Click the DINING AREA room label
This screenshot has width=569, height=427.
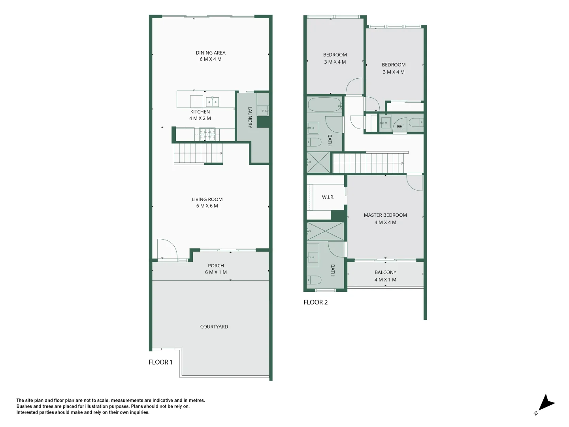pos(211,56)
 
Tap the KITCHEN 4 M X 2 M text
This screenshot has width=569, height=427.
pos(200,115)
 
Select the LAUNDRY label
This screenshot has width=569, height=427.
pos(250,117)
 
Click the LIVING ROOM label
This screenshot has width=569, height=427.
pos(207,202)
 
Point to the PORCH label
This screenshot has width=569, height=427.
pos(216,269)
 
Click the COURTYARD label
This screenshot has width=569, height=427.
pos(214,327)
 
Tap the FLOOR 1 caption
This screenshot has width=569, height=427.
pos(160,362)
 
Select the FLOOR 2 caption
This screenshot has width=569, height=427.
pos(315,302)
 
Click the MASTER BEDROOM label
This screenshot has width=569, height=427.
pos(385,219)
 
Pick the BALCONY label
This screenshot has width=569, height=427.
pos(385,276)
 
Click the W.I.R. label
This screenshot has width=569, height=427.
pos(328,197)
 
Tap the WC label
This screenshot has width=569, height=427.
pos(400,127)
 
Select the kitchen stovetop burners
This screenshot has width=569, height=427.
pos(207,134)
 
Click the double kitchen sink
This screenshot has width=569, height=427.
pos(213,102)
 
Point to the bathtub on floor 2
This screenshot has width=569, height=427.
pos(324,105)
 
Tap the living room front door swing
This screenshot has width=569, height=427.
pos(166,249)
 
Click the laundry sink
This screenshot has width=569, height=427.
pos(263,110)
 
